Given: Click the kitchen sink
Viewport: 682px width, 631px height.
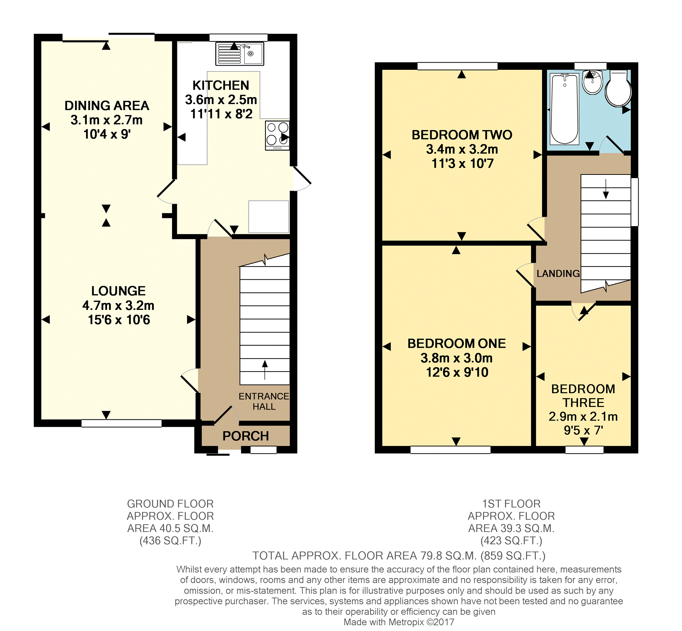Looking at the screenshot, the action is coord(239,54).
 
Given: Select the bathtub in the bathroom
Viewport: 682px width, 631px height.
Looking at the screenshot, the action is coord(564,108).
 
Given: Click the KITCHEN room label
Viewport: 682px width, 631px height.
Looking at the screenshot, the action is coord(221,85).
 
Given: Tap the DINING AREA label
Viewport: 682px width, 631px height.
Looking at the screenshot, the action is coord(107,106).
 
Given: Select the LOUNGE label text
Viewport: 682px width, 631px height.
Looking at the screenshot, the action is coord(119,291).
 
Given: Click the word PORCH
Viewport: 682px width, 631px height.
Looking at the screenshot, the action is coord(246,436).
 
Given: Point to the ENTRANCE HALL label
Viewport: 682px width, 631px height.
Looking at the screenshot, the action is coord(264,401).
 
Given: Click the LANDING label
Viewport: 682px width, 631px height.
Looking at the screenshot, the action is coord(558,274).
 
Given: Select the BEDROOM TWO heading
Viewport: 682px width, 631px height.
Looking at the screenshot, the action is coord(462,135).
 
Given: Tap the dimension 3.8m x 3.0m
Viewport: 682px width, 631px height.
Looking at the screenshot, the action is coord(457,358).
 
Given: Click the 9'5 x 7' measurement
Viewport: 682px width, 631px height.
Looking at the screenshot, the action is coord(583,430).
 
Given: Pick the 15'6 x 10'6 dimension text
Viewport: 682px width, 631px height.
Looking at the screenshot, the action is coord(119,320).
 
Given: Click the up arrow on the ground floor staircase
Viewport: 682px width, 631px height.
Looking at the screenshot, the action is coord(265,370).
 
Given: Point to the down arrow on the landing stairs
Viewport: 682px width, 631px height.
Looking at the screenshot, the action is coord(606,189).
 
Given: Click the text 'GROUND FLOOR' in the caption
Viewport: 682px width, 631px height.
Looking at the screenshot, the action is coord(170,504).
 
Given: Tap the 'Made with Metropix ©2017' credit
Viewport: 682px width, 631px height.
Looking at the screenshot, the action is coord(399,622).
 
